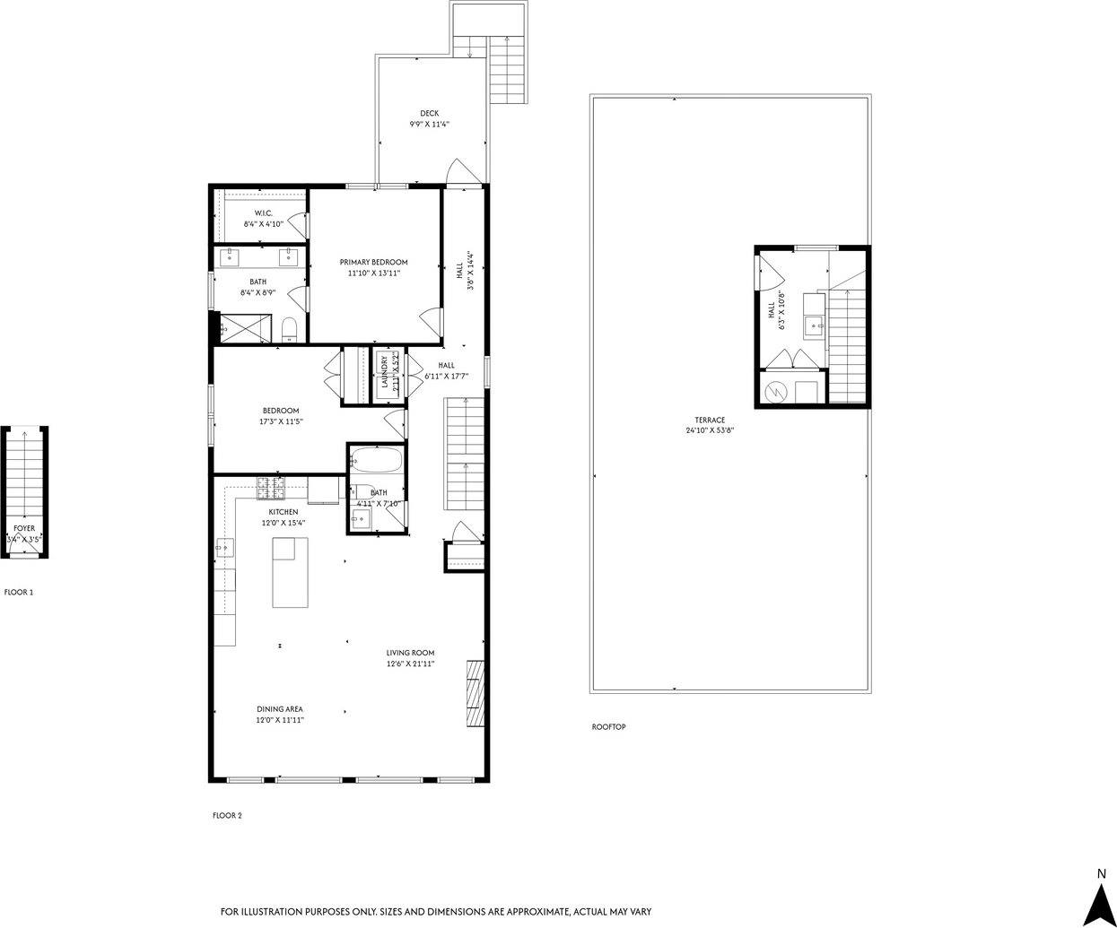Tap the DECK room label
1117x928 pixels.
coord(429,113)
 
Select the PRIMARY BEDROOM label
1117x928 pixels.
coord(373,262)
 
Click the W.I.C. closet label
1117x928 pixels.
coord(263,212)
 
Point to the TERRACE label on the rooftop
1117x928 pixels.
coord(709,420)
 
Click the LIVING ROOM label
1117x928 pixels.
coord(410,653)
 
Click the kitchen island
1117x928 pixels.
coord(290,573)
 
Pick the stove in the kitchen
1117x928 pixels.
coord(271,489)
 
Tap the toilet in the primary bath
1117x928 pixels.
coord(289,329)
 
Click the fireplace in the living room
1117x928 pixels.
coord(474,693)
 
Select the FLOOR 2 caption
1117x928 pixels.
coord(226,816)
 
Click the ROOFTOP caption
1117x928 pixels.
coord(608,726)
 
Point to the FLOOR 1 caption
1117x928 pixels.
coord(19,593)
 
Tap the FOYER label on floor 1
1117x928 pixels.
coord(24,529)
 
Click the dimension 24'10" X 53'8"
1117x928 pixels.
coord(709,430)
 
